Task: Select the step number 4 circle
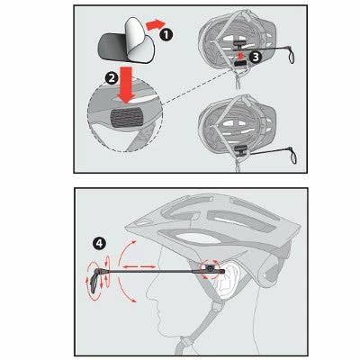[101, 241]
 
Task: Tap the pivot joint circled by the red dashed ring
[211, 269]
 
